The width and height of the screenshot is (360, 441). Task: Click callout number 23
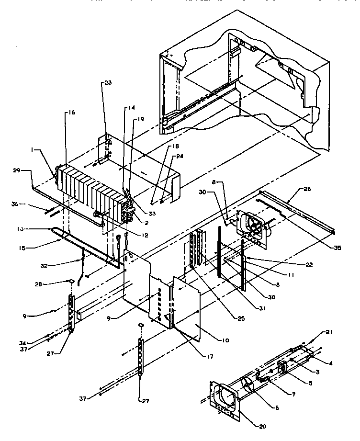107,82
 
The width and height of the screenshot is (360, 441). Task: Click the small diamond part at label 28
71,282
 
